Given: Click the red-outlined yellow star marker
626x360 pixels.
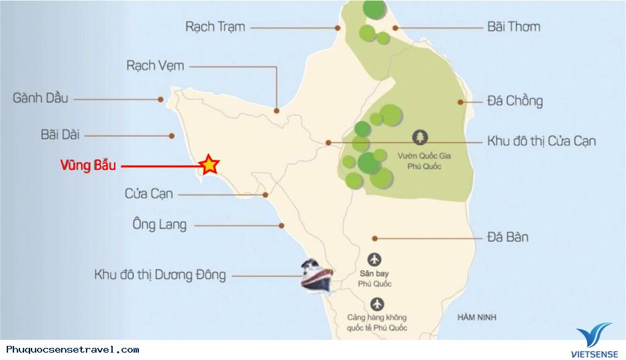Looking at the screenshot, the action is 209,164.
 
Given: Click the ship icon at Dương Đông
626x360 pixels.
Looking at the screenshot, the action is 316,275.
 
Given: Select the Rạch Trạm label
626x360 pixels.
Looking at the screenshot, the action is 215,27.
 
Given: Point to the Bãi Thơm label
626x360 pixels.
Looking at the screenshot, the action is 513,27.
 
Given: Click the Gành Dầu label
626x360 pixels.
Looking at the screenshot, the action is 40,98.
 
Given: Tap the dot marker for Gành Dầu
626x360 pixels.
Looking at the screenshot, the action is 161,99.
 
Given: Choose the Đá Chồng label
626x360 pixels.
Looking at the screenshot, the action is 515,101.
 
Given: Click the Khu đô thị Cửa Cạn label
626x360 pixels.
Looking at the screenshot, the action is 541,141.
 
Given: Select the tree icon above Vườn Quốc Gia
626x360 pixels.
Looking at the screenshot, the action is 421,137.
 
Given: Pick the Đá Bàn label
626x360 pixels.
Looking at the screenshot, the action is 508,237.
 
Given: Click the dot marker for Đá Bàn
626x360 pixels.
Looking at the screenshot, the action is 375,238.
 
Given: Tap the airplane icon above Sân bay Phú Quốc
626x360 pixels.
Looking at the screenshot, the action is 374,259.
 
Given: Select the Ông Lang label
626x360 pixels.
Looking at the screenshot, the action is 160,225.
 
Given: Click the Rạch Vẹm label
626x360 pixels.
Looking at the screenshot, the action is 155,66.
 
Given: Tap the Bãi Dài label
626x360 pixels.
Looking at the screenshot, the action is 60,134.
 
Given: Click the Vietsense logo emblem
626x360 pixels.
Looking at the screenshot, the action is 593,334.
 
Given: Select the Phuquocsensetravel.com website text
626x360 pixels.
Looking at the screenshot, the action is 72,349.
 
